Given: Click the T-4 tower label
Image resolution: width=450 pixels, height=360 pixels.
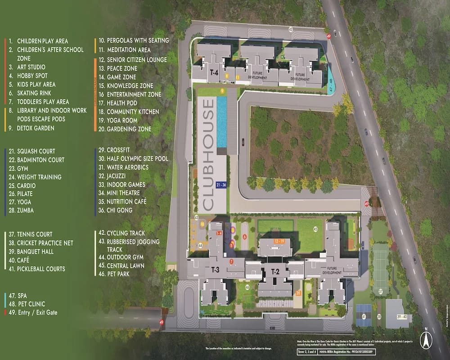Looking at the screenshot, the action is click(x=214, y=72).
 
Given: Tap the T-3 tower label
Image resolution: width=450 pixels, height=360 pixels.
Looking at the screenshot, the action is click(x=215, y=270).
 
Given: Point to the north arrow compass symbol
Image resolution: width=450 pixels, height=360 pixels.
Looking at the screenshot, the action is click(x=425, y=338).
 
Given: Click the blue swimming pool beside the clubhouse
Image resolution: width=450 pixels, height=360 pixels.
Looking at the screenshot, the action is click(x=222, y=122).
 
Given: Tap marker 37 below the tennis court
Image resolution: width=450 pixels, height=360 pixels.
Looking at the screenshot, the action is click(x=381, y=292).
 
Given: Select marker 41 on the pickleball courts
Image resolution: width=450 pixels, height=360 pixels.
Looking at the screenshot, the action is click(x=363, y=317).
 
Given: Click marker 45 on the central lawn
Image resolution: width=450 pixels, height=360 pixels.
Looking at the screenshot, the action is click(x=315, y=229).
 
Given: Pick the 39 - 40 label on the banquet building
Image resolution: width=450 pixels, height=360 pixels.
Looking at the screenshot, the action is click(x=396, y=317).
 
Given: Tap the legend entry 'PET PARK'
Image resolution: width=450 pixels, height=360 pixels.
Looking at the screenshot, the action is click(x=119, y=274).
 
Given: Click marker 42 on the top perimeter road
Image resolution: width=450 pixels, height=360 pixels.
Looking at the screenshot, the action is click(x=291, y=29).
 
